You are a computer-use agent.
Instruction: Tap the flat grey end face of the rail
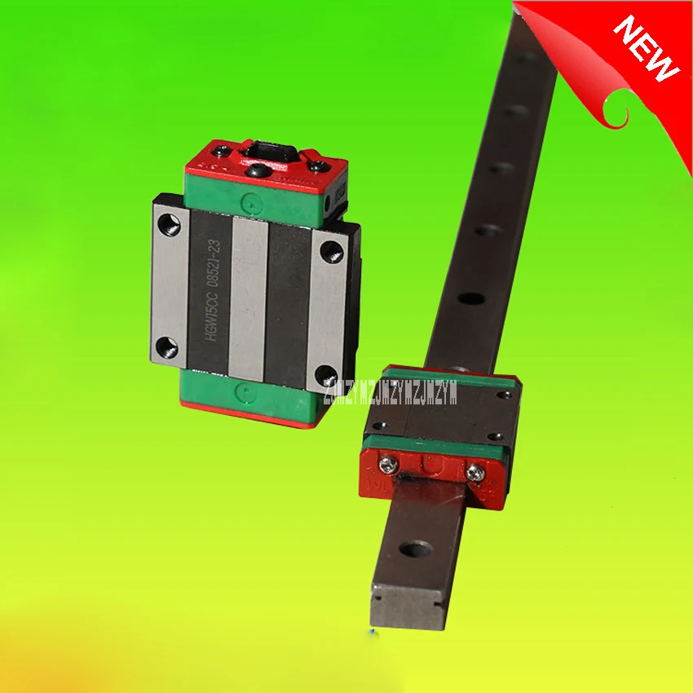point(406,607)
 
